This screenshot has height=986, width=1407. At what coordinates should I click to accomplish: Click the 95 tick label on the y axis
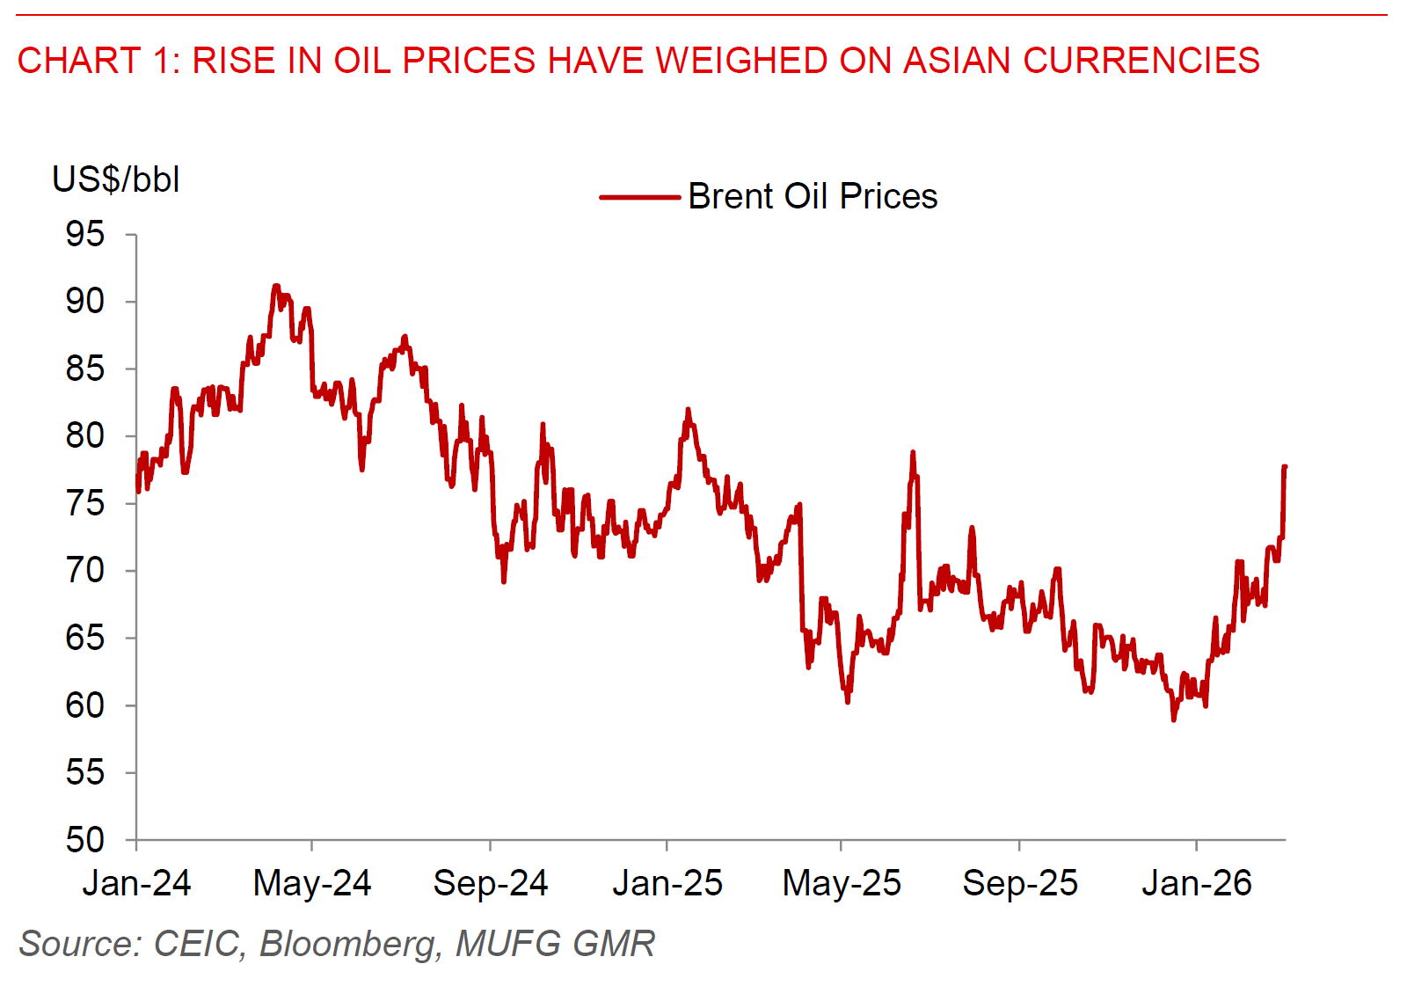[84, 235]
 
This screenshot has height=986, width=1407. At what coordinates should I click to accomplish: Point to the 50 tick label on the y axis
[84, 840]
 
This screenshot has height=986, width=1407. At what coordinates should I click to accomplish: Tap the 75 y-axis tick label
[84, 504]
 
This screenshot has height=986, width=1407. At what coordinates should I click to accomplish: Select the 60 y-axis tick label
[84, 705]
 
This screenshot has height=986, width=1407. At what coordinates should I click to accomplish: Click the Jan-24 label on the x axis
[136, 883]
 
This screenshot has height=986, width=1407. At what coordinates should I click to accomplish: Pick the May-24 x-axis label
[312, 883]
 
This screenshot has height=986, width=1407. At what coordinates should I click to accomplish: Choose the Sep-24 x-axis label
[490, 883]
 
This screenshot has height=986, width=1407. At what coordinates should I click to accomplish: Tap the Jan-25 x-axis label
[667, 883]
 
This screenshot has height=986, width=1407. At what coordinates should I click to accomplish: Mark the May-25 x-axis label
[842, 883]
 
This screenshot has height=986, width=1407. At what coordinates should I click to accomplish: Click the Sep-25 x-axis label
[1020, 883]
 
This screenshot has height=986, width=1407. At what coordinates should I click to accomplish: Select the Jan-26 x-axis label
[1196, 883]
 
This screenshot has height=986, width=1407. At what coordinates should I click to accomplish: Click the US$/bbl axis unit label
[116, 179]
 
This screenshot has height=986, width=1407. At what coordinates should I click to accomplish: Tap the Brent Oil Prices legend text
[813, 196]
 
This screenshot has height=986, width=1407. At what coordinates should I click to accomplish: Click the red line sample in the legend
[639, 197]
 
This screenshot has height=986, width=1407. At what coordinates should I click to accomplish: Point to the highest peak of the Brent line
[276, 286]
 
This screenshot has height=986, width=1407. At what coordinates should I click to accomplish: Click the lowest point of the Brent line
[1173, 719]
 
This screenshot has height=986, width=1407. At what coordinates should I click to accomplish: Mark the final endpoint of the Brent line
[1285, 467]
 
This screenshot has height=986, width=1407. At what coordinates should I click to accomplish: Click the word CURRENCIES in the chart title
[1141, 61]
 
